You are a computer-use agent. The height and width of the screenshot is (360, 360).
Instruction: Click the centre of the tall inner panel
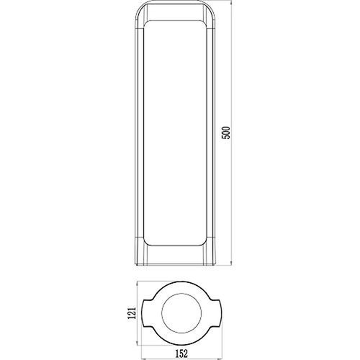point(179,133)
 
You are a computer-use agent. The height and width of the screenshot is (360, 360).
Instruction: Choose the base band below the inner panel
point(179,256)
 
